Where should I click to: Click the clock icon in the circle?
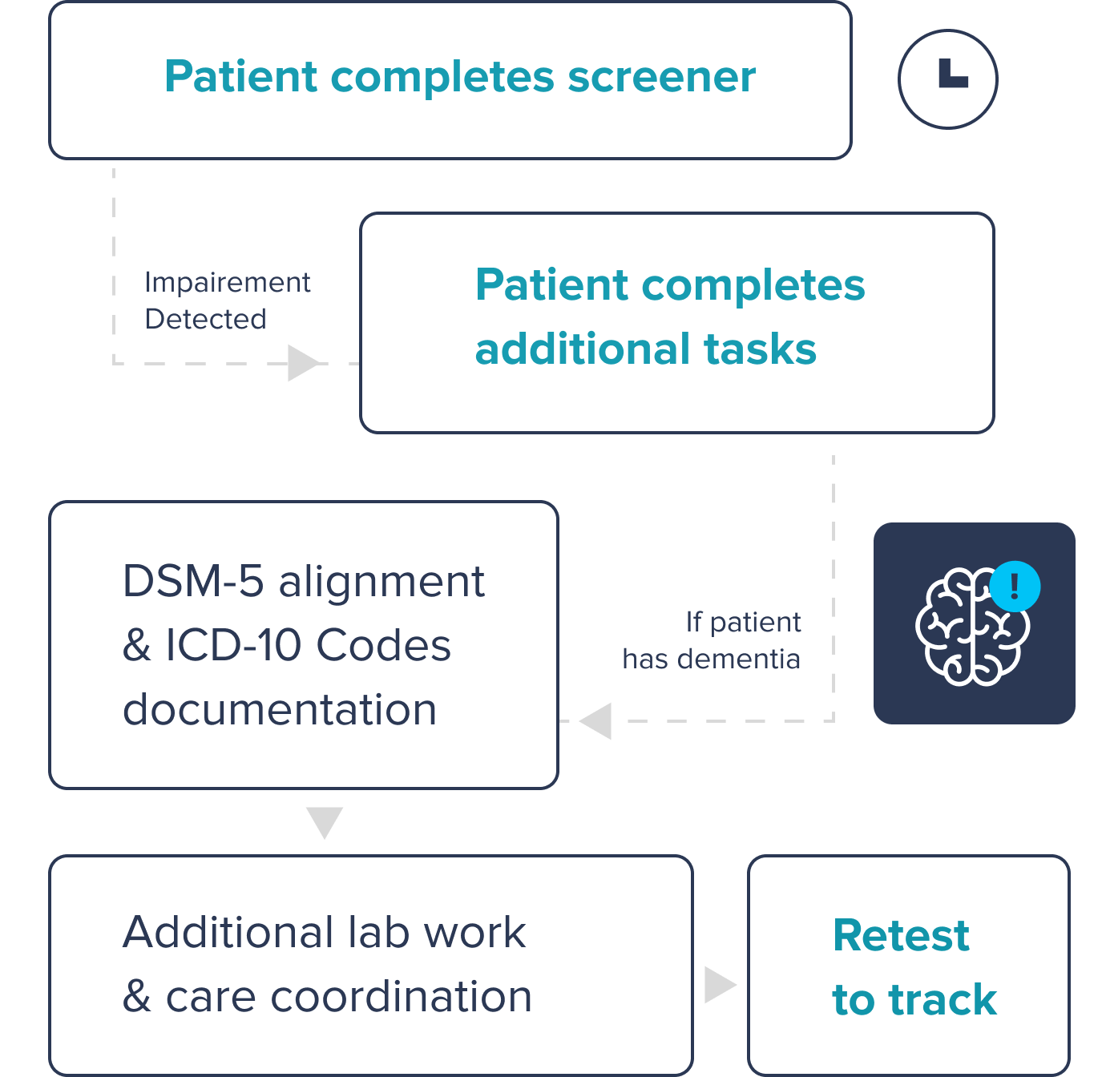click(x=948, y=79)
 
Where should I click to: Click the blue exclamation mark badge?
click(x=1015, y=586)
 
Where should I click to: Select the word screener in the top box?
click(x=661, y=77)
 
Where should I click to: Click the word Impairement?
click(x=228, y=282)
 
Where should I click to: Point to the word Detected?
click(x=206, y=319)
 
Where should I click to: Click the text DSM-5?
click(x=193, y=581)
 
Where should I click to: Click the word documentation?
click(x=280, y=710)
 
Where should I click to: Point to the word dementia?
click(x=739, y=659)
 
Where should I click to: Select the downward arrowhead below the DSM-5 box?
click(x=325, y=821)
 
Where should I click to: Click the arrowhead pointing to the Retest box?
click(x=719, y=984)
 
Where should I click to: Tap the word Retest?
click(x=902, y=935)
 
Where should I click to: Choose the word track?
click(x=943, y=1000)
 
